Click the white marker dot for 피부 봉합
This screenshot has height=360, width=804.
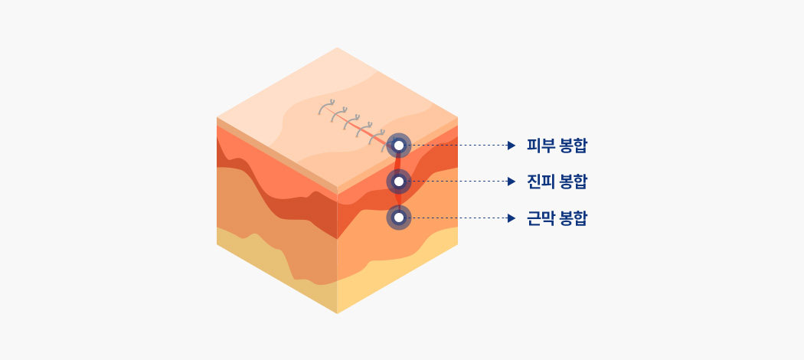[399, 146]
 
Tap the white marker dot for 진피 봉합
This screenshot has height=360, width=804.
[399, 182]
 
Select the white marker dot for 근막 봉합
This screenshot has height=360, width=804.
[399, 218]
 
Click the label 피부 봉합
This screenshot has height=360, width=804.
[557, 146]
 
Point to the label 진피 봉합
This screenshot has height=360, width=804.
[557, 182]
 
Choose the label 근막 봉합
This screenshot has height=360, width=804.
[557, 218]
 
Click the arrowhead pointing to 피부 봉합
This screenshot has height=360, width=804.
[511, 146]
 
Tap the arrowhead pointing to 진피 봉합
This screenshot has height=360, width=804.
[511, 182]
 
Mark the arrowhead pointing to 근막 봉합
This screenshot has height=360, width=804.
[511, 218]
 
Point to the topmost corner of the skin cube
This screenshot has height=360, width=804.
[337, 47]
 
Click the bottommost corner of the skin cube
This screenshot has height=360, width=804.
[337, 313]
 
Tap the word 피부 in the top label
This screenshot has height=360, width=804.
[539, 146]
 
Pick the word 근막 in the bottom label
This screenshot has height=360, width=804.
[539, 218]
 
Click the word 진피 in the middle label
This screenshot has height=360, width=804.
[539, 182]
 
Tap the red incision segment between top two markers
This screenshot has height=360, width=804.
[398, 164]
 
